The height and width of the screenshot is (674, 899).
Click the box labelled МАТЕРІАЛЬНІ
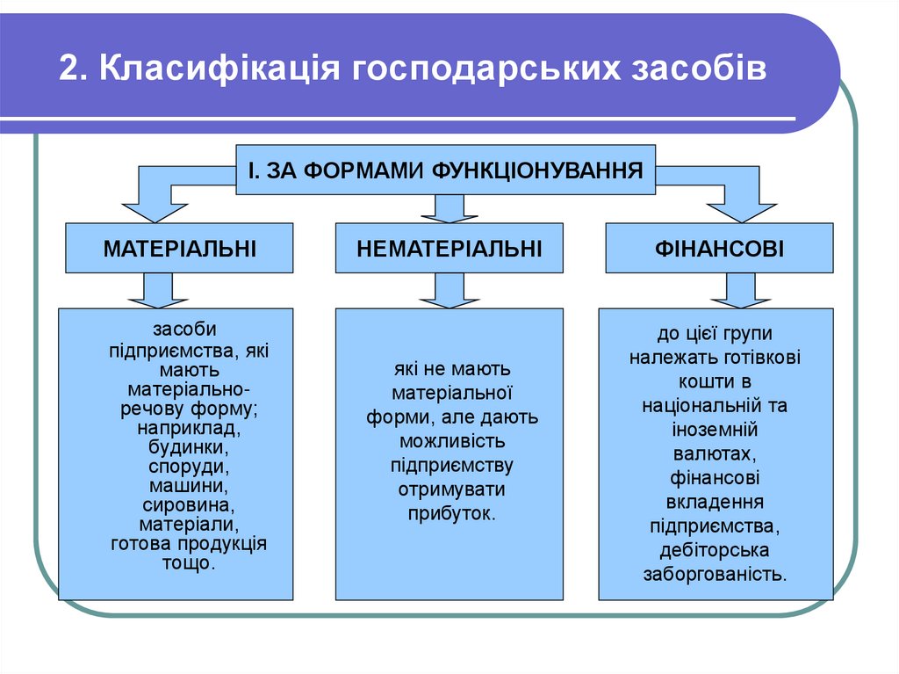point(180,249)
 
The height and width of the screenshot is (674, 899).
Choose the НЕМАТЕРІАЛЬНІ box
point(449,249)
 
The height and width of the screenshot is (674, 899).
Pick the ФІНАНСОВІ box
point(719,249)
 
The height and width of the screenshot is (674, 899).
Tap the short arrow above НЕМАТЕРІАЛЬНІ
point(449,209)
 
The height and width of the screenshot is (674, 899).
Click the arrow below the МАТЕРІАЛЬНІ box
point(158,291)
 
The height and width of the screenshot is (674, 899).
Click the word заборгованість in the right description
point(715,575)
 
